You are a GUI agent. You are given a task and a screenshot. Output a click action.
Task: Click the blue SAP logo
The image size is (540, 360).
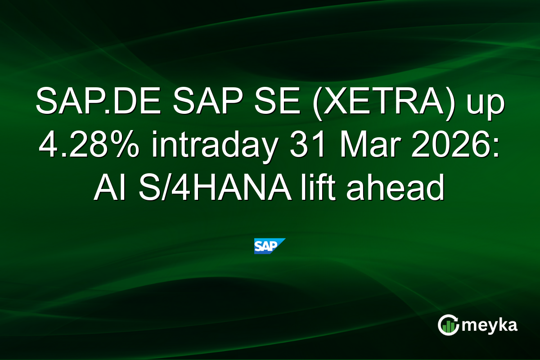[270, 246]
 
